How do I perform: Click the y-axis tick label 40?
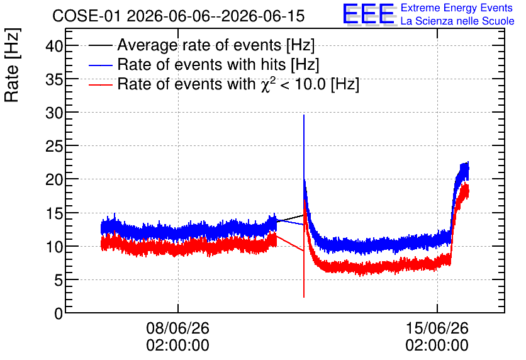[54, 45]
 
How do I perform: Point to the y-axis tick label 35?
[54, 79]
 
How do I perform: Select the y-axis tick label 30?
[54, 113]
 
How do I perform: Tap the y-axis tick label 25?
[54, 146]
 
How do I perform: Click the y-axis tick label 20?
[54, 180]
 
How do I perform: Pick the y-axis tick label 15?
[54, 213]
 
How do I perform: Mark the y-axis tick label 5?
[59, 280]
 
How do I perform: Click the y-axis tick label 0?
[59, 313]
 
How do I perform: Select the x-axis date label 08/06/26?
[178, 328]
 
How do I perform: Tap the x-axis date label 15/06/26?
[437, 328]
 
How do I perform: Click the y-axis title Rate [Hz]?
[12, 65]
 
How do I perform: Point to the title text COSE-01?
[86, 16]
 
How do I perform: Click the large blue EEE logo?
[369, 14]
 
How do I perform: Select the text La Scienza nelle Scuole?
[457, 21]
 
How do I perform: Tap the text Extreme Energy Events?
[457, 8]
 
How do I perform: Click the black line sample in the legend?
[100, 45]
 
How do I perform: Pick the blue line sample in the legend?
[100, 65]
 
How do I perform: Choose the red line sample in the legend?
[100, 84]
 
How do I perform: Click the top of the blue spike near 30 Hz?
[304, 115]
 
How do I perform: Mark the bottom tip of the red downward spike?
[304, 297]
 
